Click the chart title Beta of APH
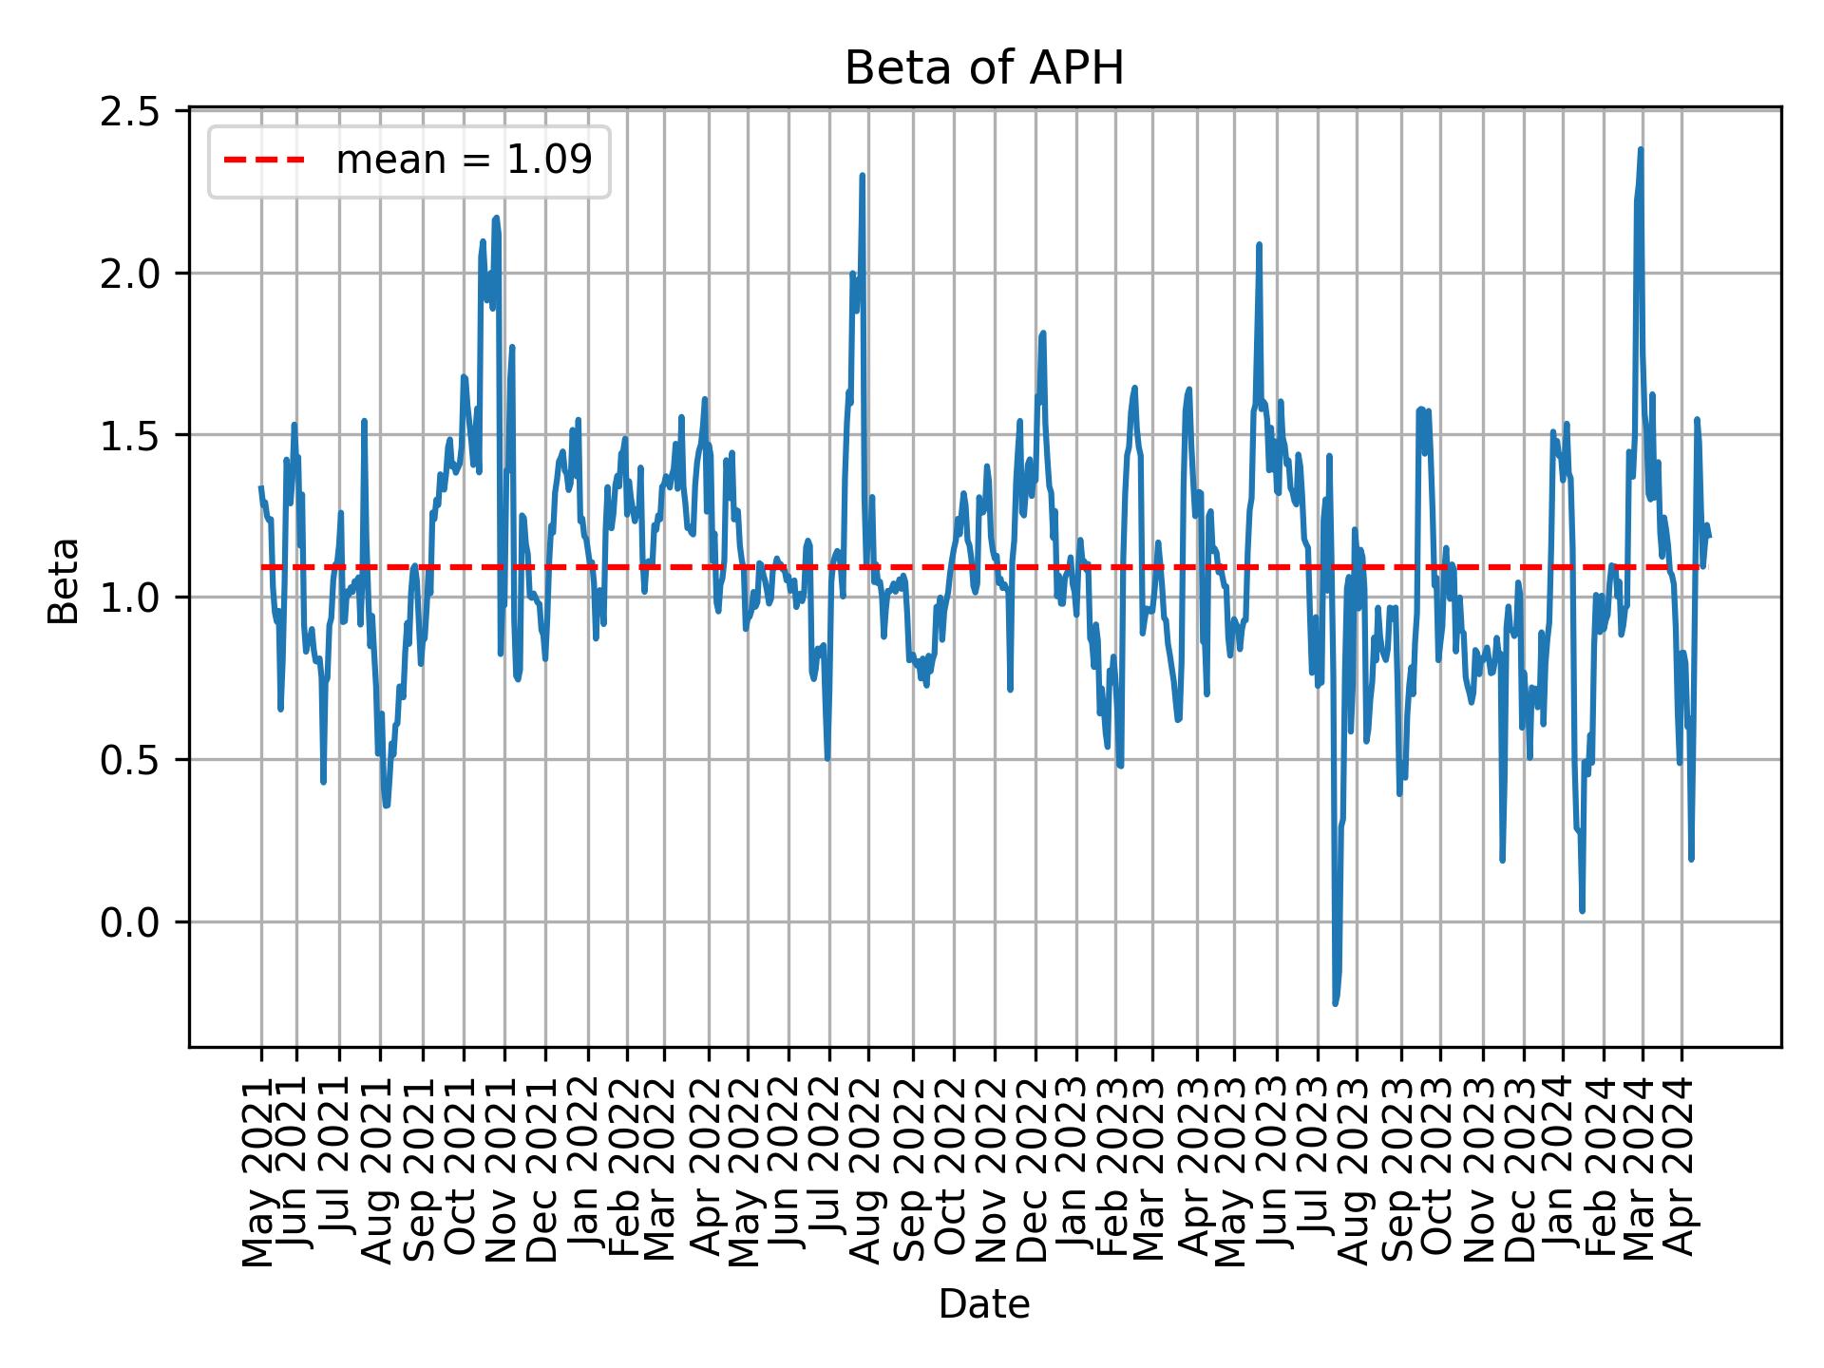point(984,68)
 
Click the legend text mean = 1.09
point(464,161)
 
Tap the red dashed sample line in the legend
point(264,161)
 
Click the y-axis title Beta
point(64,580)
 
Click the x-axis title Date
point(984,1305)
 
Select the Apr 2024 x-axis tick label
point(1682,1161)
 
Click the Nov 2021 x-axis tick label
point(503,1161)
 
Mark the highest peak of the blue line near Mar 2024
point(1641,149)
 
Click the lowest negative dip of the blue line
point(1335,1003)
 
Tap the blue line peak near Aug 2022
point(862,175)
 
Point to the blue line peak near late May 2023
point(1259,244)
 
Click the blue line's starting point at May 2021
point(261,487)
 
